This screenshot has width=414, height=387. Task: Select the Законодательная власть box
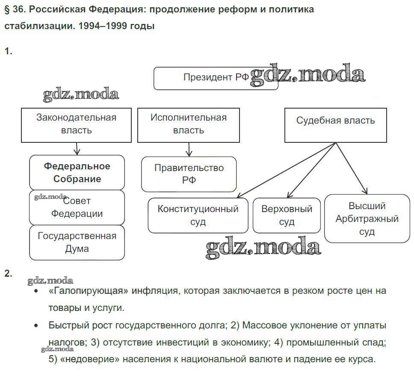[77, 124]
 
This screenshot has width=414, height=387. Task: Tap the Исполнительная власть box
[189, 124]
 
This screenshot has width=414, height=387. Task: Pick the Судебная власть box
[335, 124]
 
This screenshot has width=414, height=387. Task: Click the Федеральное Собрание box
[77, 172]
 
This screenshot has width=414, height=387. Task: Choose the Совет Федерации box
[77, 207]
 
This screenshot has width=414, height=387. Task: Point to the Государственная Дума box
[77, 242]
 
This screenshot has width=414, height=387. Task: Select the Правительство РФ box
[189, 174]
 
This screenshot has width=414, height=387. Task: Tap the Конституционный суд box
[198, 215]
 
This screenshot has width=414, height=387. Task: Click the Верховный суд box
[287, 215]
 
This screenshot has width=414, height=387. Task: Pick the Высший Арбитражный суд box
[367, 219]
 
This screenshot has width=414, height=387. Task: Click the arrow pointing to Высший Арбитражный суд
[352, 169]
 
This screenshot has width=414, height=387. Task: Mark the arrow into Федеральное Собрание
[77, 148]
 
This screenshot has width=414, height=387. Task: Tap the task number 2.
[8, 274]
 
